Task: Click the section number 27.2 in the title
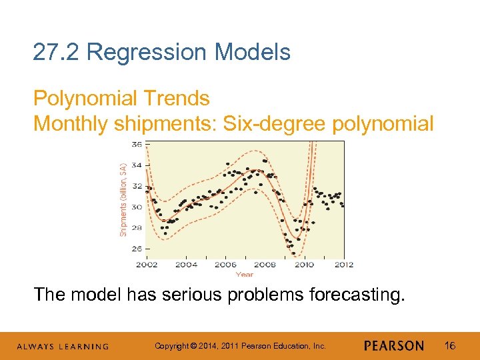57,52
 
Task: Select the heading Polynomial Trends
121,99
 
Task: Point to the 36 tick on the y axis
137,144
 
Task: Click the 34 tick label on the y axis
137,165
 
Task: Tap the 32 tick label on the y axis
137,186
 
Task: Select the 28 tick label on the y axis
137,228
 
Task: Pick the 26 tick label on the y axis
137,249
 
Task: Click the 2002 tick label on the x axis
147,265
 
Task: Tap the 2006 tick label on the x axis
225,265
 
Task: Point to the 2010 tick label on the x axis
304,265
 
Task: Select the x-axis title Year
245,274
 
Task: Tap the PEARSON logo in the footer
394,346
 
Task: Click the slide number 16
450,345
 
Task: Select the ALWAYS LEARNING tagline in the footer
63,347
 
